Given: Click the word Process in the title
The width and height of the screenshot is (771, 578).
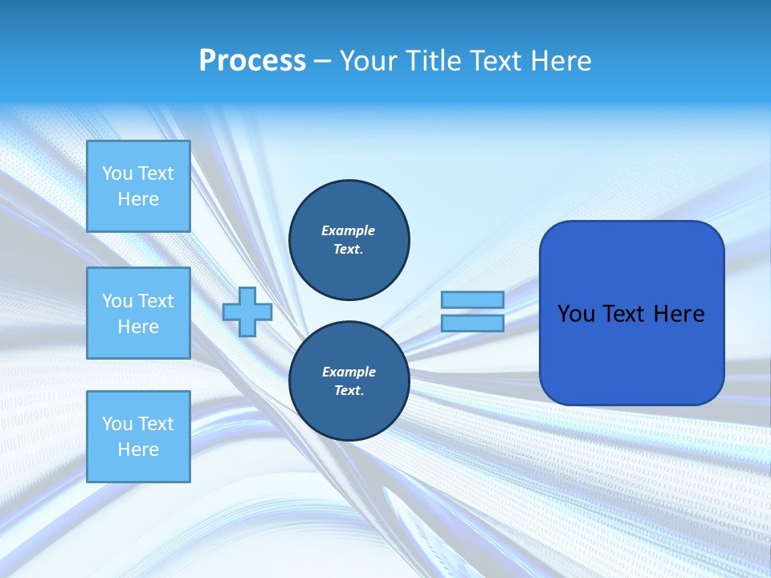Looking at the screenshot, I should coord(252,61).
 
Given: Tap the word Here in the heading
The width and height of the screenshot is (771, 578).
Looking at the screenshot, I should coord(560,61).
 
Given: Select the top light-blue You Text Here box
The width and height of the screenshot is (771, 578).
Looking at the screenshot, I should coord(138,186).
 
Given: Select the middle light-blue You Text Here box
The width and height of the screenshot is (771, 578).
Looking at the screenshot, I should coord(138,313).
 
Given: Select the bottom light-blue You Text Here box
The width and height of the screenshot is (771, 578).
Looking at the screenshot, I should coord(138,437).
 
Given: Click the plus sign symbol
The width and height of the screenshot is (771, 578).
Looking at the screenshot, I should coord(247,311).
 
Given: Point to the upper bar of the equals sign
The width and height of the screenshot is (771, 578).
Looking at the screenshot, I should coord(472,299).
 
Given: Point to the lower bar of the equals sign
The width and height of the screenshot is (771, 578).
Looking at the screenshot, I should coord(472,323).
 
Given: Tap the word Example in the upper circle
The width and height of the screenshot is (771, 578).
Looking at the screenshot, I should coord(349,230).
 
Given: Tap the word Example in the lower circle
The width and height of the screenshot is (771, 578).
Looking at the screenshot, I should coord(349,372).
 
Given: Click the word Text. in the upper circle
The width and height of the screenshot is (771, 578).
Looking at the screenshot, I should coord(349,249).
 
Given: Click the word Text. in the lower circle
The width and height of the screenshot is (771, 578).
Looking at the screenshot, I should coord(349,390).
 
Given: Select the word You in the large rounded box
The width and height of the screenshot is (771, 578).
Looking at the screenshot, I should coord(575,314).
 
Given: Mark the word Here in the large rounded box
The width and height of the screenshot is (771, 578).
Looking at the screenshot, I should coord(679,314).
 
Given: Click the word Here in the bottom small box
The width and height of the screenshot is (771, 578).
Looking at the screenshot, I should coord(138,450).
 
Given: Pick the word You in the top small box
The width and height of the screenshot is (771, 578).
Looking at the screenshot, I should coord(117,173).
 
